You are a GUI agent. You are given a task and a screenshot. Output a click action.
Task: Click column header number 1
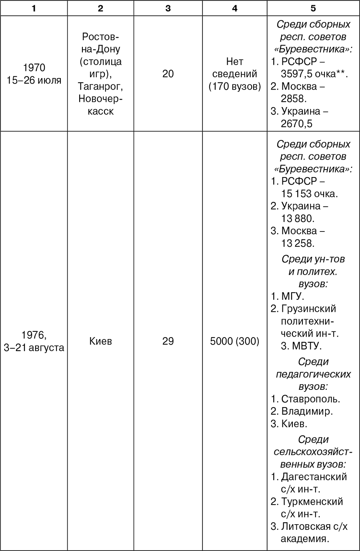[x=34, y=8]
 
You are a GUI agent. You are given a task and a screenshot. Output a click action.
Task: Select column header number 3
[x=168, y=8]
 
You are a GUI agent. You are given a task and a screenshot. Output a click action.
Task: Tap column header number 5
[x=313, y=8]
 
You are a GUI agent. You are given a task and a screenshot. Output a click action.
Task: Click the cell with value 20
[x=168, y=74]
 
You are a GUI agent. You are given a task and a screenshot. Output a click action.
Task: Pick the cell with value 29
[x=168, y=341]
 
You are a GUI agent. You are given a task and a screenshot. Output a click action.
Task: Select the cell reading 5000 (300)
[x=234, y=341]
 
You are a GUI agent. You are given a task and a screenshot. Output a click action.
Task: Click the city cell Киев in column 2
[x=100, y=341]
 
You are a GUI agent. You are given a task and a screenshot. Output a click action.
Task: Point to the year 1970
[x=34, y=68]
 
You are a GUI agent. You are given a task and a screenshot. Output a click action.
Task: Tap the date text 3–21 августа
[x=34, y=347]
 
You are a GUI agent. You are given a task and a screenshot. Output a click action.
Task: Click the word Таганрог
[x=100, y=86]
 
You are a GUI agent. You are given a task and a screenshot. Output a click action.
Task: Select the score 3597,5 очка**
[x=314, y=74]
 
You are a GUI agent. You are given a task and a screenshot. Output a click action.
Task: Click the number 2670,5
[x=296, y=124]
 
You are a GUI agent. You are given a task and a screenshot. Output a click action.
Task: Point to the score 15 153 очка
[x=310, y=194]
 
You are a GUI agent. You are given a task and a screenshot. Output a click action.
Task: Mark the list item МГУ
[x=293, y=296]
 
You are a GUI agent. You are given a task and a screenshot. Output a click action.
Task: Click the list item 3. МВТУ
[x=301, y=346]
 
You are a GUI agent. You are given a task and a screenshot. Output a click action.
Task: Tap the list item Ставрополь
[x=310, y=399]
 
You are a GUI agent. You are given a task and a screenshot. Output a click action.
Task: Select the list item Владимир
[x=307, y=411]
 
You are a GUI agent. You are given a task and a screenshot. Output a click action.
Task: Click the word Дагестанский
[x=314, y=477]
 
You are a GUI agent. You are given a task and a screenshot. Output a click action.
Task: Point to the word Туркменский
[x=312, y=501]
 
